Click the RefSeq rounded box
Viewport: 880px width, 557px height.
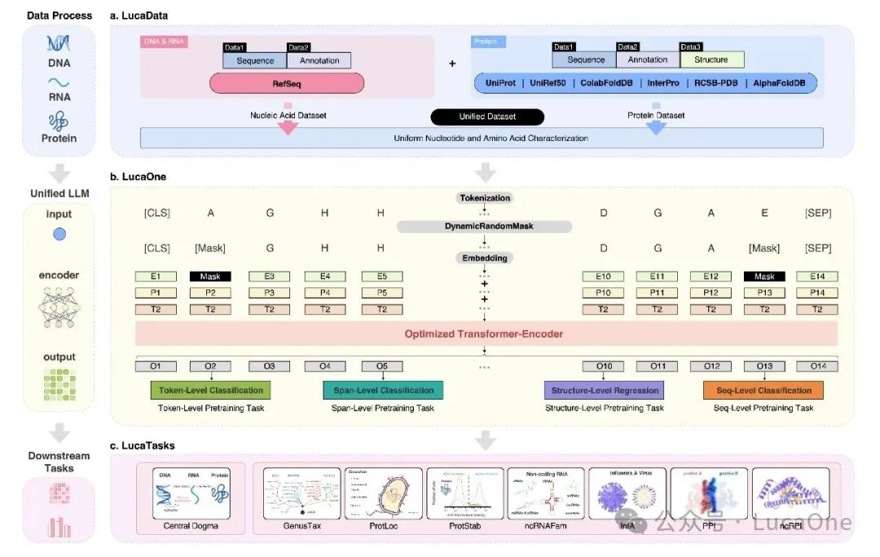287,83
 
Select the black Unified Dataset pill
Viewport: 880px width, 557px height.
488,117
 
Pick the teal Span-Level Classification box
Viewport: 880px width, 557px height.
383,390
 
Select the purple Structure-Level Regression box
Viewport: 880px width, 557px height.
604,390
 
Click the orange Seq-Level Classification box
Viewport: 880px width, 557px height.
763,390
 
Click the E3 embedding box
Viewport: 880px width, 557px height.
269,276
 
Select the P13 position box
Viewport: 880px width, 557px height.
763,293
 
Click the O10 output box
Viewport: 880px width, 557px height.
604,366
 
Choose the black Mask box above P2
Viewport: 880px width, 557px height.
210,276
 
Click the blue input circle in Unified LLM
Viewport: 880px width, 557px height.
59,234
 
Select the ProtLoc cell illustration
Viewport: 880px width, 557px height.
383,495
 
